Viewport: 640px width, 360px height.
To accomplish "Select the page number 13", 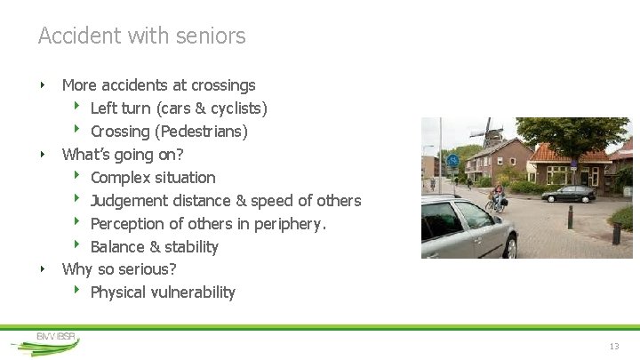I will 613,346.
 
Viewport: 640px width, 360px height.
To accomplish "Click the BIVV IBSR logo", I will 55,340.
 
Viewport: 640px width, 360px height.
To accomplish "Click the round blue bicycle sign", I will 452,161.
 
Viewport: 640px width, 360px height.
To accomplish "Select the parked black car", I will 569,193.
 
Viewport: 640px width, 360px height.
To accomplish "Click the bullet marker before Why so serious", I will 43,268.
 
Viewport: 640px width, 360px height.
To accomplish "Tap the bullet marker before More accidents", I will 43,85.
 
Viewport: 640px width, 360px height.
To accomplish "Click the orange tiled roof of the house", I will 569,153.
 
